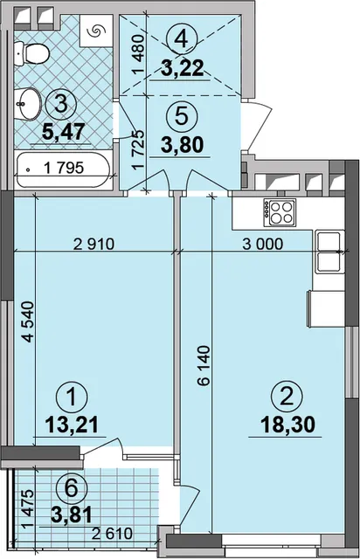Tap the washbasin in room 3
click(28, 104)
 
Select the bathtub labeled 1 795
click(63, 169)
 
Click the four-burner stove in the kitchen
click(280, 212)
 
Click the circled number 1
click(72, 397)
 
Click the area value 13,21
click(72, 425)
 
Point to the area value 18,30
click(288, 425)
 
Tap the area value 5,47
click(64, 131)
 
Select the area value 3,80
click(182, 145)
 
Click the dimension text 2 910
click(93, 245)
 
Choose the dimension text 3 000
click(262, 245)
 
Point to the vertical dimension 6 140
click(204, 366)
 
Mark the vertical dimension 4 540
click(28, 322)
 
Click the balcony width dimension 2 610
click(112, 534)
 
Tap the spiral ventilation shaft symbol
click(94, 31)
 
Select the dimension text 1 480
click(139, 54)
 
